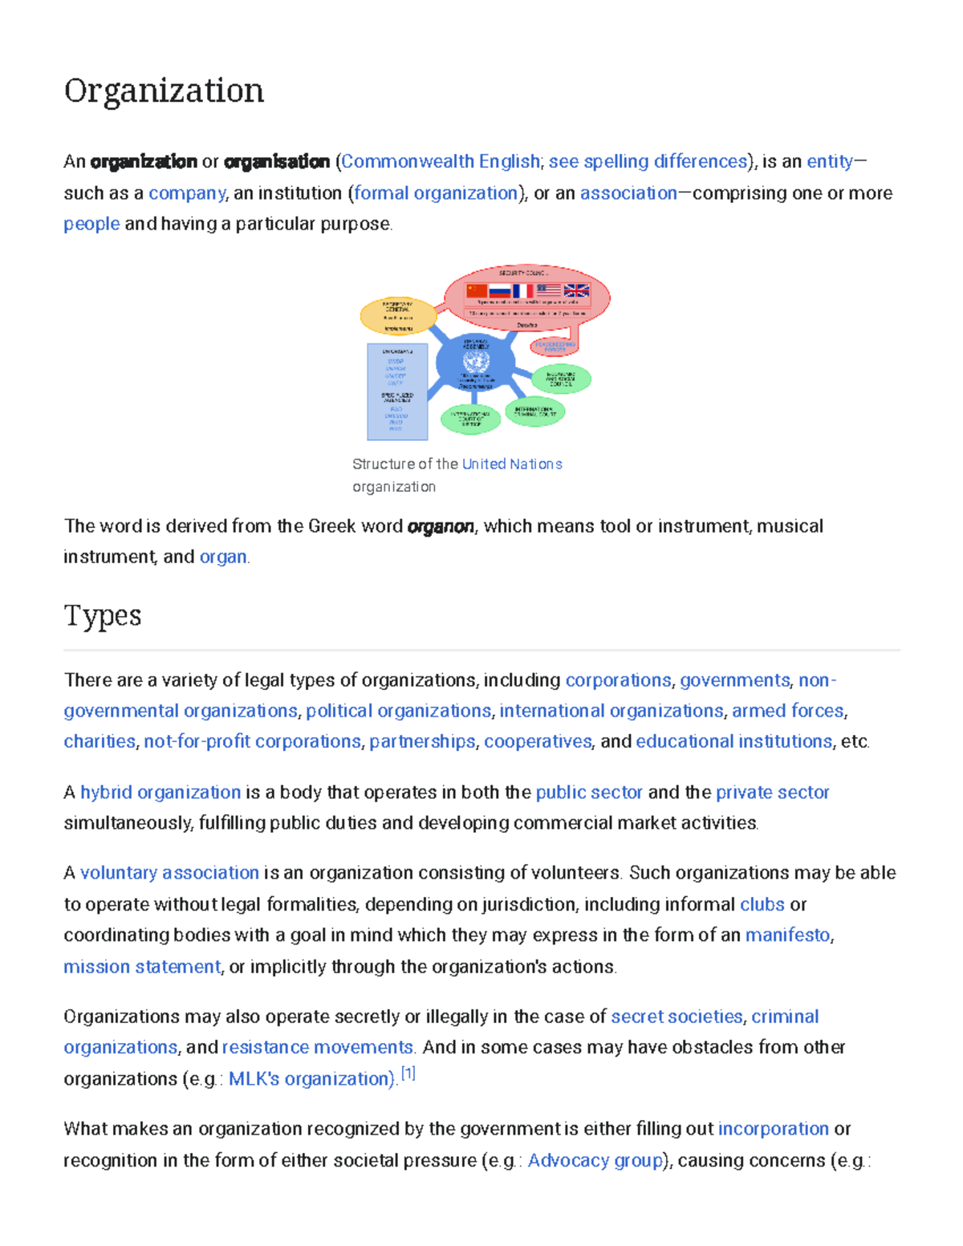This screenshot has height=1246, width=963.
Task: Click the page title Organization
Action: click(164, 91)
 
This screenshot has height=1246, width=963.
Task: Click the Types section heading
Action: click(103, 616)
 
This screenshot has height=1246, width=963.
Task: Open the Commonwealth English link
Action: click(441, 161)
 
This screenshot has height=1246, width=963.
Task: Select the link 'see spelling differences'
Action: click(648, 161)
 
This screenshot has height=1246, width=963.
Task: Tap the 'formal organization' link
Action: click(437, 193)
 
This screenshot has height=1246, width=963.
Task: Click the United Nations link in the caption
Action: click(512, 464)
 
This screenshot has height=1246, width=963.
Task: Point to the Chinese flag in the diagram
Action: click(477, 290)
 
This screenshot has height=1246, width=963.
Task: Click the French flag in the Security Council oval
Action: click(523, 290)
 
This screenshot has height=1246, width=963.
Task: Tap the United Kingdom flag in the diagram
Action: click(576, 290)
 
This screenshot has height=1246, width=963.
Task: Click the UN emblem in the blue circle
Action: click(476, 362)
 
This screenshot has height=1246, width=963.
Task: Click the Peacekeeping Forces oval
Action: click(555, 347)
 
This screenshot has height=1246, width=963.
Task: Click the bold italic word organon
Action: click(441, 526)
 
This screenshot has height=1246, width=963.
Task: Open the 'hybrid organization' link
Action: click(160, 793)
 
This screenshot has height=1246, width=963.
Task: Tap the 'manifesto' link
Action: click(787, 936)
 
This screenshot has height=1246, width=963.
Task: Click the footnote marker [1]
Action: click(408, 1074)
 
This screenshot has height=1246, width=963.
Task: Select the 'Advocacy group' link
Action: click(595, 1161)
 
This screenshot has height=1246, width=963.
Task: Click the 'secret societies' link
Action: click(677, 1017)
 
